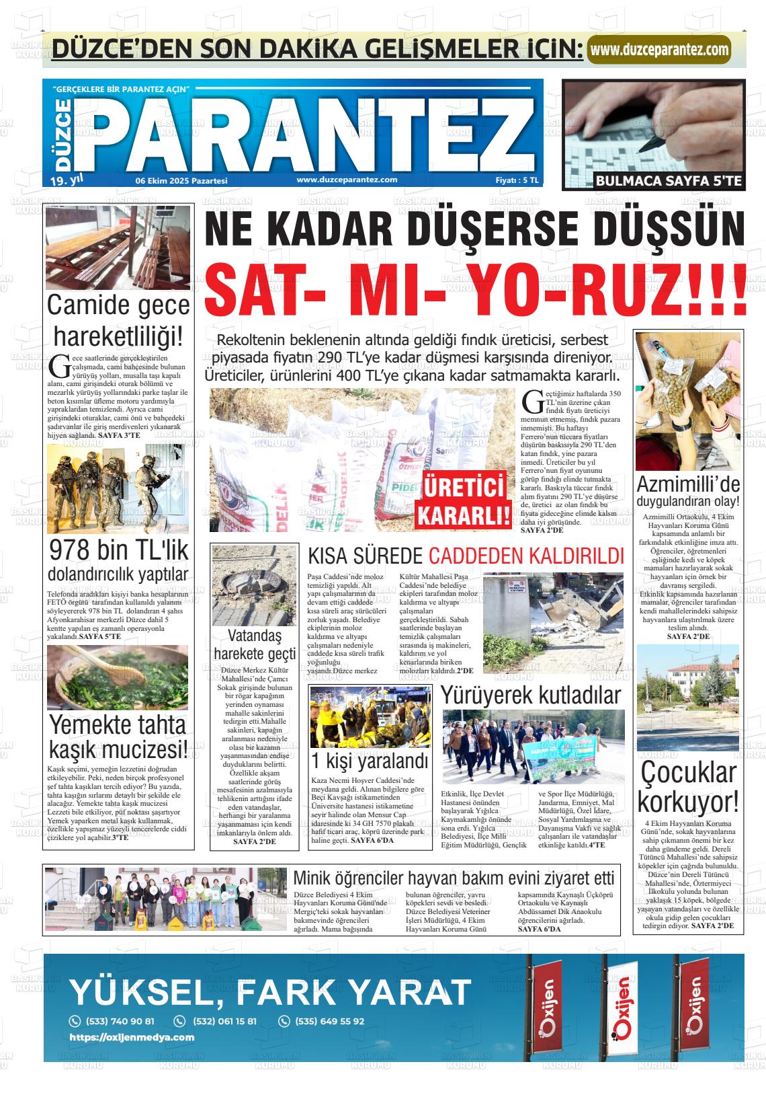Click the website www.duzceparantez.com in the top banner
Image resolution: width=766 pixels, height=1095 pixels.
tap(659, 49)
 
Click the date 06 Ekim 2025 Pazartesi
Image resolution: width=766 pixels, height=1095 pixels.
tap(181, 181)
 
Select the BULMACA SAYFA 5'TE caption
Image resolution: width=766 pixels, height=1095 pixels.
tap(653, 181)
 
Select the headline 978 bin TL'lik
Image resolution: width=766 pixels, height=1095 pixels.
tap(118, 551)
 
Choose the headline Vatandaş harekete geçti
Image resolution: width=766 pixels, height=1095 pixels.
tap(254, 644)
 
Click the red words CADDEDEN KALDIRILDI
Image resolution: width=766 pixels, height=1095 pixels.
tap(526, 556)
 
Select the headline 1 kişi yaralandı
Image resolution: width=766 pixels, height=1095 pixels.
tap(370, 761)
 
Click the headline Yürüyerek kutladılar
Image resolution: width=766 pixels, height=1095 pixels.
tap(531, 695)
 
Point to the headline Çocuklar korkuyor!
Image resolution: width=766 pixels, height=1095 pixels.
tap(687, 788)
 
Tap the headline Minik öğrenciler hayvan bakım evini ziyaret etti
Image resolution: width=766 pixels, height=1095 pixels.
tap(454, 878)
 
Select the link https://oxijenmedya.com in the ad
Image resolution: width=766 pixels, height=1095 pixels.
tap(132, 1037)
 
